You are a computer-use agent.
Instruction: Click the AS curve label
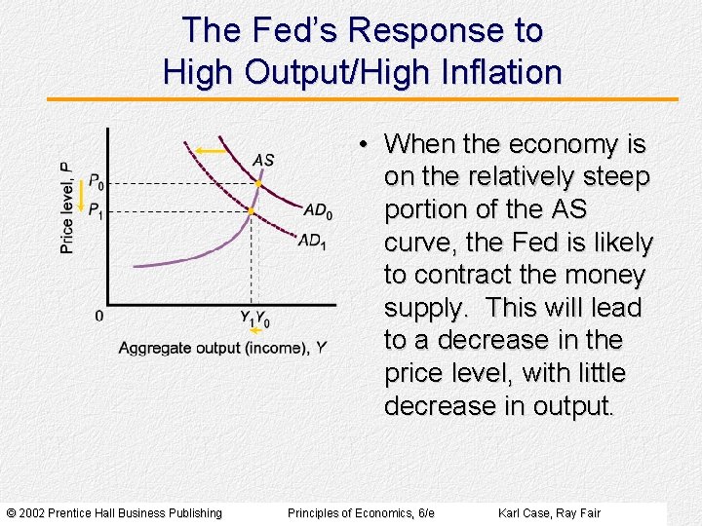pyautogui.click(x=263, y=160)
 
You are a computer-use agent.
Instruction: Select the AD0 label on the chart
pyautogui.click(x=318, y=210)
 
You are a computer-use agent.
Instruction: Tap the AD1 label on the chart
pyautogui.click(x=312, y=241)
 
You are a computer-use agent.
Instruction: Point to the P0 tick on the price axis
pyautogui.click(x=95, y=181)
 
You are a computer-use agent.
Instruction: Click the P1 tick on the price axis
pyautogui.click(x=95, y=209)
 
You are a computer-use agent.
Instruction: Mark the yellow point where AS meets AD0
pyautogui.click(x=258, y=183)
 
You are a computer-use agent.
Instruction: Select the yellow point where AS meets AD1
pyautogui.click(x=251, y=210)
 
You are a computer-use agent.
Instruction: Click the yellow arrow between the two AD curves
pyautogui.click(x=210, y=150)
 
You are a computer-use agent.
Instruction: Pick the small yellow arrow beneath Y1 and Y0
pyautogui.click(x=255, y=331)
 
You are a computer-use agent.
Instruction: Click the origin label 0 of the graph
pyautogui.click(x=98, y=316)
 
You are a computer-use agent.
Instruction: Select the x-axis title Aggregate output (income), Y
pyautogui.click(x=222, y=348)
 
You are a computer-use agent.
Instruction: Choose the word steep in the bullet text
pyautogui.click(x=615, y=177)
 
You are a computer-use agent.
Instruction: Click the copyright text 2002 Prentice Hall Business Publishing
pyautogui.click(x=114, y=513)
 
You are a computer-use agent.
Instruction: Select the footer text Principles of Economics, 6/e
pyautogui.click(x=361, y=513)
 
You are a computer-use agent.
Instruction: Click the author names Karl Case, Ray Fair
pyautogui.click(x=549, y=513)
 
